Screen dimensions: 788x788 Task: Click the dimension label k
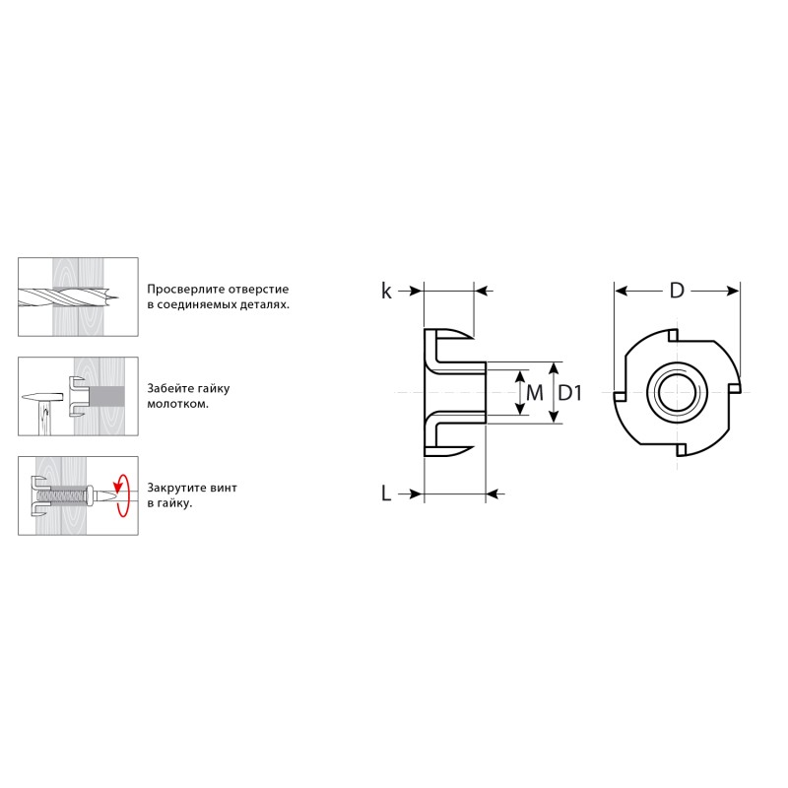386,291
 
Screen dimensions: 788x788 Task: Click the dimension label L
386,493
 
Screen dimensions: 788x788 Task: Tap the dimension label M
535,393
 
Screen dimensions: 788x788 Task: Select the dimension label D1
570,393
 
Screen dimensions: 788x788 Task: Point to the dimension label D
677,291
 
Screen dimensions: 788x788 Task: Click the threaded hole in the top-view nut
677,392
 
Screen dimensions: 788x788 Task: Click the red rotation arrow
121,495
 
